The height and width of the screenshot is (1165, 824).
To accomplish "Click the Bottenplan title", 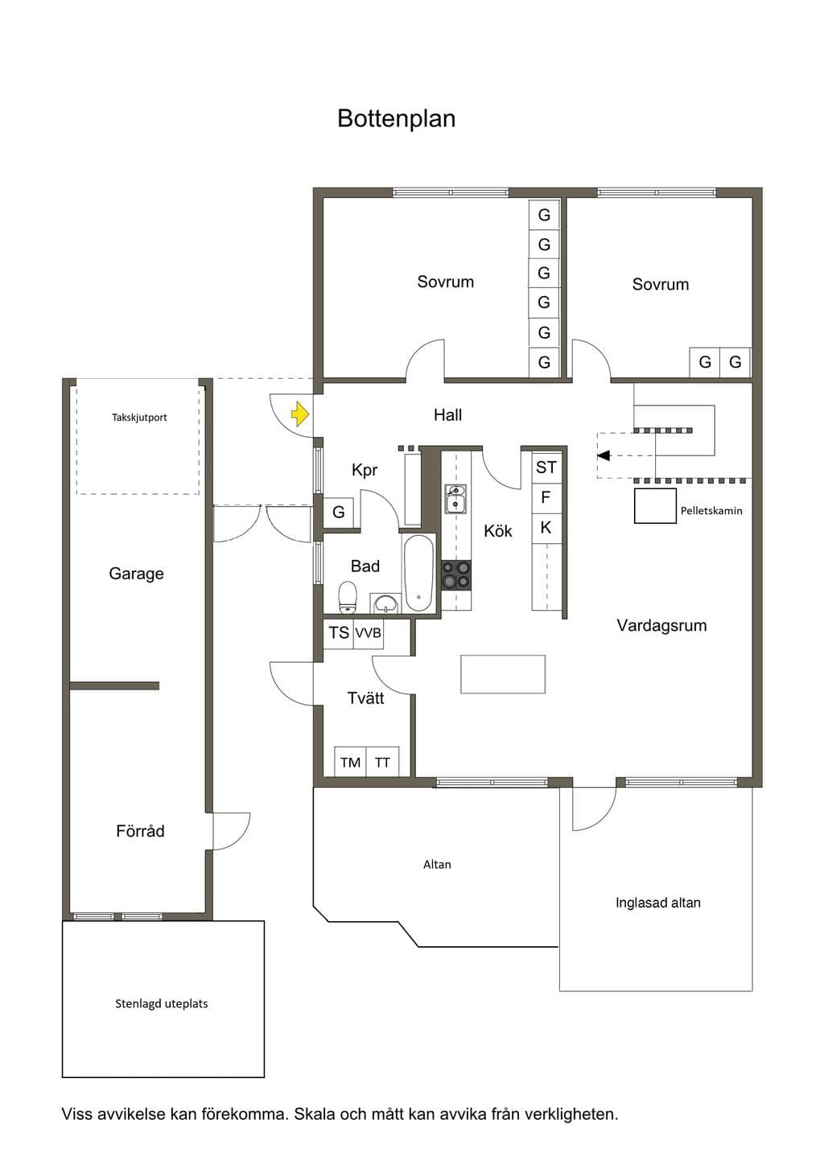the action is pos(397,118).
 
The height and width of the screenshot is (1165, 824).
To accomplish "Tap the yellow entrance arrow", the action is pos(301,414).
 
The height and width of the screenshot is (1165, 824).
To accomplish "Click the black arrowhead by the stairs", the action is pos(603,455).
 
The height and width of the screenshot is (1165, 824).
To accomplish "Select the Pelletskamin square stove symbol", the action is pos(655,505).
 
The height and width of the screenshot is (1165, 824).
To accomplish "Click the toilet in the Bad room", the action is pos(348,597).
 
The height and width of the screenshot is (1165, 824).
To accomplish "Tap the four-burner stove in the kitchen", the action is pos(456,575).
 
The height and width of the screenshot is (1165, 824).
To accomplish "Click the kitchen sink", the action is pos(455,499).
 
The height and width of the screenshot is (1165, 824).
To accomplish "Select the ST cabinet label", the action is pos(546,467).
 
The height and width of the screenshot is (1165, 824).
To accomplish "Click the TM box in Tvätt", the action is pos(350,763).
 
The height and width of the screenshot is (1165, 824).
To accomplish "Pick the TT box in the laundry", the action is pos(382,763).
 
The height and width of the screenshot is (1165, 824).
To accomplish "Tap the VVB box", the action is pos(369,633).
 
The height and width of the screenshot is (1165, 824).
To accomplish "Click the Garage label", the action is pos(136,574).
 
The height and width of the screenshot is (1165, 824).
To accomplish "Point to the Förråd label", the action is pos(140,830).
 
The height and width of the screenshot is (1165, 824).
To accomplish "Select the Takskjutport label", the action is pos(139,417).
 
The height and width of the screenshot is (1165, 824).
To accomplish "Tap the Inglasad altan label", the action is pos(658,903).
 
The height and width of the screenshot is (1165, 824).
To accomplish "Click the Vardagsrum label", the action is pos(661,625).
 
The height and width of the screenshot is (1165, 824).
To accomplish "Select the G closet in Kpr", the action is pos(338,513).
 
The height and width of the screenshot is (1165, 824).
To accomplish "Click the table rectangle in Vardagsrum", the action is pos(503,674).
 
